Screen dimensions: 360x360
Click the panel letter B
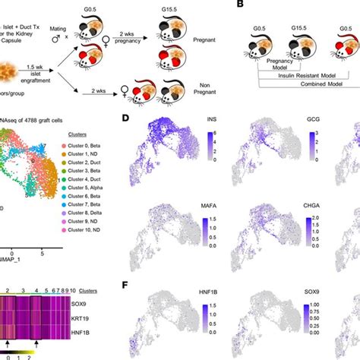[263, 6]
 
